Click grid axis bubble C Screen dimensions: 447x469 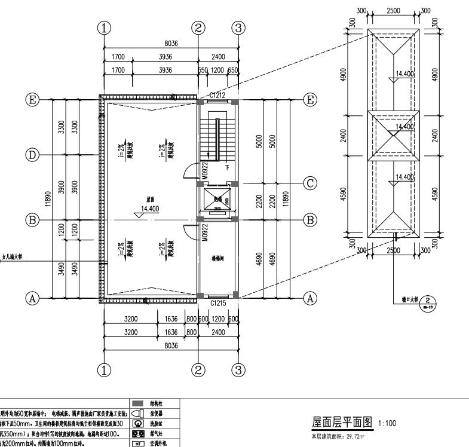(310, 183)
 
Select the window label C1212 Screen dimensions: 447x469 (217, 95)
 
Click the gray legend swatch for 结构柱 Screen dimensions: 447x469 (138, 404)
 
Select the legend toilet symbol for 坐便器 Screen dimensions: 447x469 (137, 414)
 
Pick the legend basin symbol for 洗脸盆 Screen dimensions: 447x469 (137, 424)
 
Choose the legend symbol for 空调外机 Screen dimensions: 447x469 (137, 443)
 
